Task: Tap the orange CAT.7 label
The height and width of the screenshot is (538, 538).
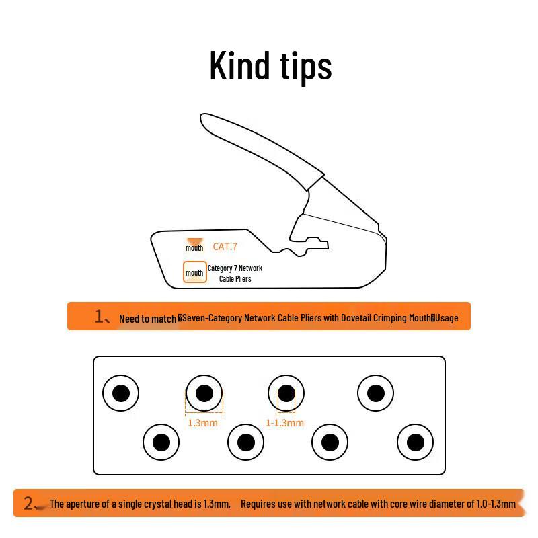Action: coord(225,247)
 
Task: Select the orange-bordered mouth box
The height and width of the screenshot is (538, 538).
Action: coord(194,272)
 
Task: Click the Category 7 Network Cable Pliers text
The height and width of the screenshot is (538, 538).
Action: coord(235,273)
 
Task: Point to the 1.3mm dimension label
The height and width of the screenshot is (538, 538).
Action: coord(202,423)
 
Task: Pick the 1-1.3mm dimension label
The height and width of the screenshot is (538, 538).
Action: coord(284,423)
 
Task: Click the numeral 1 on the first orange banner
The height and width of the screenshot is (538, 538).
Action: coord(99,316)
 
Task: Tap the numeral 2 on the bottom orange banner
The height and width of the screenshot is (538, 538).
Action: coord(28,503)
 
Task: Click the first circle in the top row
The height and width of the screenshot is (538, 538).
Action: coord(120,393)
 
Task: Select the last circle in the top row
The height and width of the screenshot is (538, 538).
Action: coord(375,393)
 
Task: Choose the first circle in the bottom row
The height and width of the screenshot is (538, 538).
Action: coord(161,443)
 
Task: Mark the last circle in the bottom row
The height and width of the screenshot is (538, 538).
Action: coord(415,443)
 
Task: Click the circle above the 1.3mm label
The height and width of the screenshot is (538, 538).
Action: coord(204,393)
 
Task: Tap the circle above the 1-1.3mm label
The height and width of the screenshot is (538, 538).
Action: coord(286,393)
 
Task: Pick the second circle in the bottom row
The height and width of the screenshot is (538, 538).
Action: coord(245,443)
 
